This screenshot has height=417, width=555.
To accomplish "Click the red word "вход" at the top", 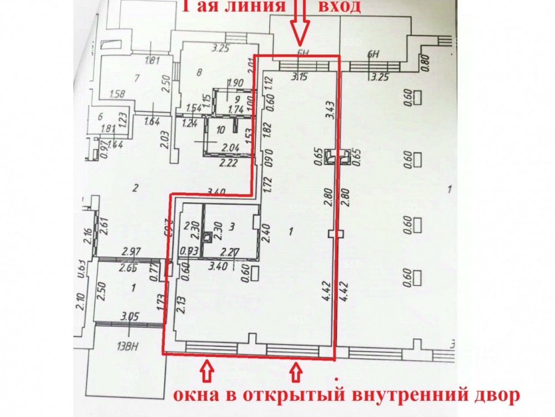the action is (339, 7).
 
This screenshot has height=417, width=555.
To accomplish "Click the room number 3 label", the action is (233, 226).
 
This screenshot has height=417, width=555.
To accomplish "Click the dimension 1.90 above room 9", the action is (235, 84).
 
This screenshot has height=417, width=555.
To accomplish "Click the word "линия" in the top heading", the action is (256, 7).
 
